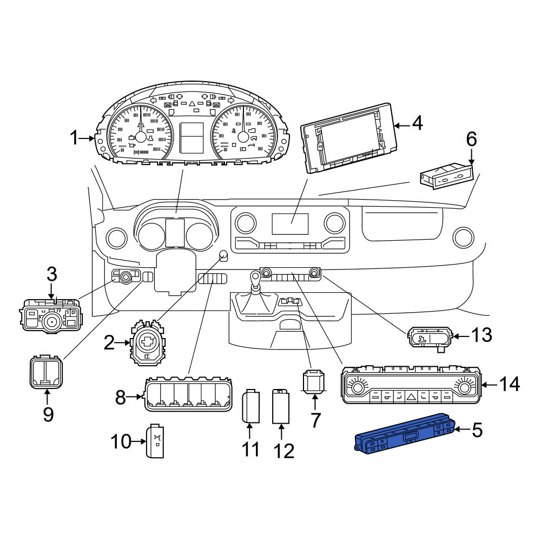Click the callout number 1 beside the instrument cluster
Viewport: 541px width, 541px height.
click(x=74, y=138)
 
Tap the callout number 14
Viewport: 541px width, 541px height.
click(x=509, y=384)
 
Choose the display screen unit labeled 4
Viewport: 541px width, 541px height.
click(x=347, y=137)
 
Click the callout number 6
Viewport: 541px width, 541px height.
click(x=471, y=139)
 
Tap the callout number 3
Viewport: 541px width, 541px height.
click(x=52, y=274)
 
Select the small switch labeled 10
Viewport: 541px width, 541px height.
click(x=155, y=440)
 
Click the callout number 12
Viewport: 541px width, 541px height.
click(x=284, y=451)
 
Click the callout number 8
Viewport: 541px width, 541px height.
click(x=120, y=398)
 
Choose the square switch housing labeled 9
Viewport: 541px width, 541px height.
click(x=46, y=373)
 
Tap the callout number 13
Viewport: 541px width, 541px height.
click(x=481, y=335)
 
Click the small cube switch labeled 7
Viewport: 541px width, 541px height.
click(x=313, y=381)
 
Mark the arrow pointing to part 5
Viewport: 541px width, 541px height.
click(x=461, y=430)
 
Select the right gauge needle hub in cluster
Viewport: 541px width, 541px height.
click(x=243, y=137)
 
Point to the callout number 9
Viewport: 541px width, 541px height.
click(x=48, y=414)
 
